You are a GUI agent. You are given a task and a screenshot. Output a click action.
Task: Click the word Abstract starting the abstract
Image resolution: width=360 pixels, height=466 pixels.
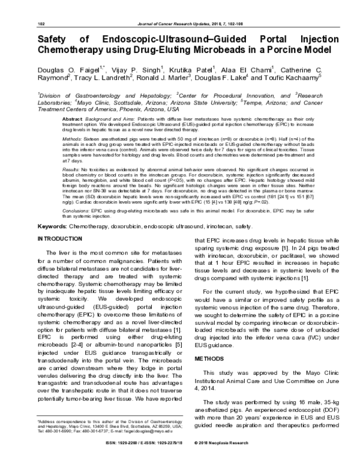click(73, 120)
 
